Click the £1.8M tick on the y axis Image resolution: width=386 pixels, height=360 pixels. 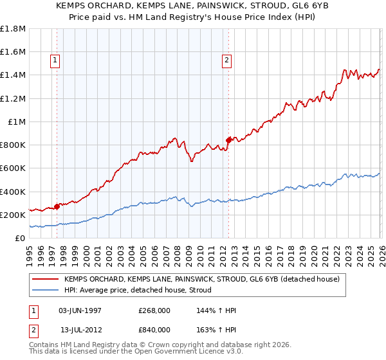(x=12, y=28)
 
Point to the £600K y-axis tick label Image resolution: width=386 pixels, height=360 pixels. (x=12, y=168)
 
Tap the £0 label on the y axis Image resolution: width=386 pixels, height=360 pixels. (x=20, y=239)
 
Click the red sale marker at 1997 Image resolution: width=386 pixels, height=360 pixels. (x=57, y=206)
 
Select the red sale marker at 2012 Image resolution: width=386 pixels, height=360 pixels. (x=228, y=139)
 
